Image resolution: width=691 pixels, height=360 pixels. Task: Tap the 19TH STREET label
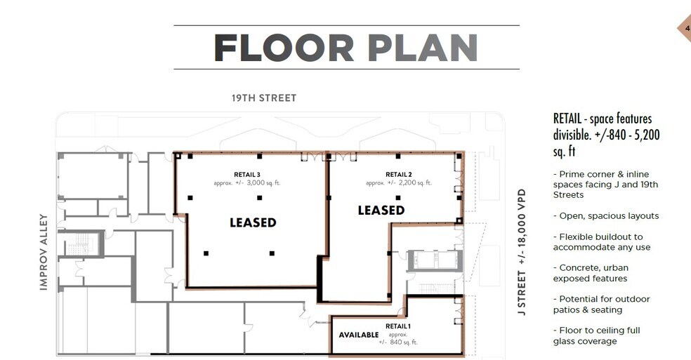click(264, 98)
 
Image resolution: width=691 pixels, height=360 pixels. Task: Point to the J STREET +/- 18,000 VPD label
click(521, 248)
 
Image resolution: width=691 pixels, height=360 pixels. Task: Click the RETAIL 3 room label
click(247, 174)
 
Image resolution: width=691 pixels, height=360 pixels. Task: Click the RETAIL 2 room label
click(398, 174)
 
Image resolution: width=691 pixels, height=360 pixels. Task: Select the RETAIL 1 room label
click(398, 326)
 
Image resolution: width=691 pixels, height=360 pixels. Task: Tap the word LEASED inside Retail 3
click(253, 222)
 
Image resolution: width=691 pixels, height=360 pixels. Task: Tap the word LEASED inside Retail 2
click(381, 210)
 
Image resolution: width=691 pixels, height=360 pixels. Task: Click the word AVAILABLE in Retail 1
click(359, 335)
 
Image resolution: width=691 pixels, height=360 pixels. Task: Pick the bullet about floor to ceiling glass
click(596, 335)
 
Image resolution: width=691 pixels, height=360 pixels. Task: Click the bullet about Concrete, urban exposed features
click(591, 273)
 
